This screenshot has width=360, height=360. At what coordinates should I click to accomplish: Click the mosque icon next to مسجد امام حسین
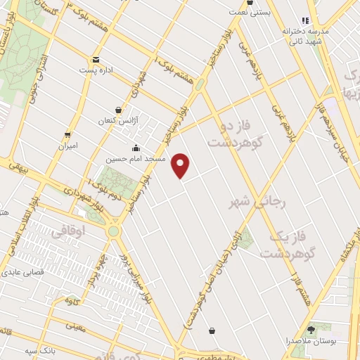click(x=136, y=148)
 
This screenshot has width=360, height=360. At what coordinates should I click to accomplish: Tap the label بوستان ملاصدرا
click(x=310, y=340)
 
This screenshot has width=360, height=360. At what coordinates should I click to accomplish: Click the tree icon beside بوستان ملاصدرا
click(x=311, y=329)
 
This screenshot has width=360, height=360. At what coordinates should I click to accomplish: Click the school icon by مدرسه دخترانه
click(x=305, y=21)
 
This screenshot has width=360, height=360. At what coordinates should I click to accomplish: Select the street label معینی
click(x=75, y=326)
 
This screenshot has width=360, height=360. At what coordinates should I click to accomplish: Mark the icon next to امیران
click(x=67, y=134)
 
